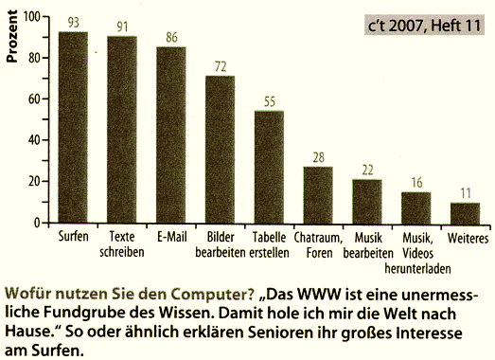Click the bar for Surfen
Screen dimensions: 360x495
coord(73,127)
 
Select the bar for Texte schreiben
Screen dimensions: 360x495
coord(122,130)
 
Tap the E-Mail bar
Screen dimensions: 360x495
coord(171,134)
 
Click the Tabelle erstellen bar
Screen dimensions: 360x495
coord(270,167)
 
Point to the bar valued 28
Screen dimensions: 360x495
coord(318,194)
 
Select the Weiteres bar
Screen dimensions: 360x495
coord(465,212)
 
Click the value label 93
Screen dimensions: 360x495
coord(73,23)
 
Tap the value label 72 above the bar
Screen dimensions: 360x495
coord(221,66)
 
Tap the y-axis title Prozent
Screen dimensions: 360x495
coord(12,41)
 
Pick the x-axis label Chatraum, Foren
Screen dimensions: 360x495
coord(318,242)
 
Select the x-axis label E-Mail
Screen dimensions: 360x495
coord(171,235)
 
